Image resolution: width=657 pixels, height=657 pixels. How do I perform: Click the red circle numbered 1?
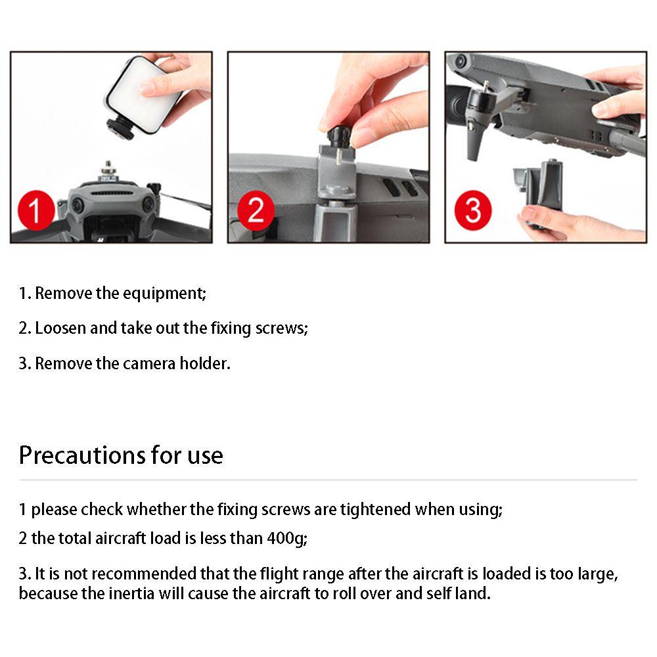pyautogui.click(x=36, y=210)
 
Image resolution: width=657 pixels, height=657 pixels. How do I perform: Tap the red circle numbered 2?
pyautogui.click(x=256, y=210)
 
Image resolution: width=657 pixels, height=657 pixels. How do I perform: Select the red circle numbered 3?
pyautogui.click(x=473, y=210)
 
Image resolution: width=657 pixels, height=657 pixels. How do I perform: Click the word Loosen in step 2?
pyautogui.click(x=60, y=328)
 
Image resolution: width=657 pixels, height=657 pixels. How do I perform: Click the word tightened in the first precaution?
pyautogui.click(x=375, y=510)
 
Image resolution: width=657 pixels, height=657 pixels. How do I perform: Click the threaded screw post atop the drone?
pyautogui.click(x=108, y=170)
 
